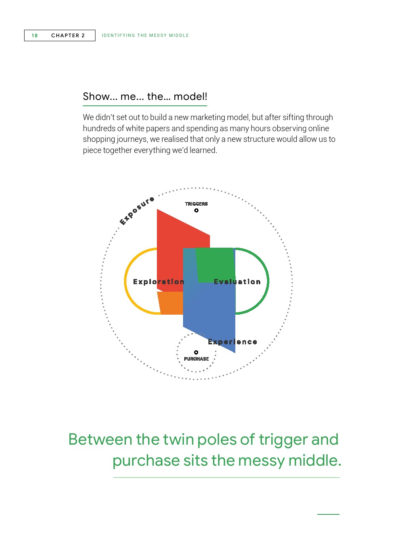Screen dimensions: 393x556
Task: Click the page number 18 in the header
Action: point(34,36)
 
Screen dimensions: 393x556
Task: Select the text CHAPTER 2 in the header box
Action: point(68,36)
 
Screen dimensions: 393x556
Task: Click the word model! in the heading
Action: point(190,96)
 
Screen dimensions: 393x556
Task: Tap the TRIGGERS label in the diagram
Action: point(196,204)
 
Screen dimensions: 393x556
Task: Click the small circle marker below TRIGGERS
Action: point(196,210)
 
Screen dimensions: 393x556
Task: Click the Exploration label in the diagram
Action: point(159,282)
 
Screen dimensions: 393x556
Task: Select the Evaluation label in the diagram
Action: point(237,282)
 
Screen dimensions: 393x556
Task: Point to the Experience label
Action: point(233,342)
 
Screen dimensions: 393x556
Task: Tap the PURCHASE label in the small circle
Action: point(196,359)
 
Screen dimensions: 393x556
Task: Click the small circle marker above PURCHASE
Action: point(196,352)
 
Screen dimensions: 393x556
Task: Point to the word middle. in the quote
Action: point(315,460)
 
